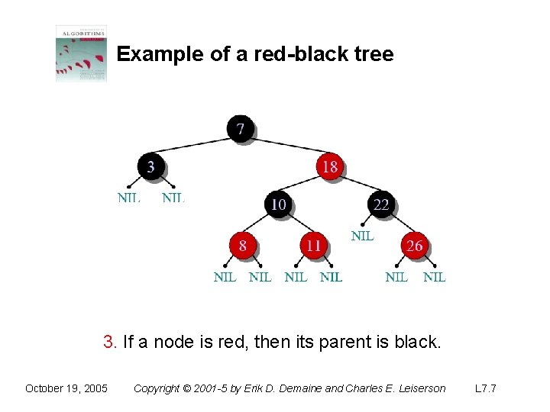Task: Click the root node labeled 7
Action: click(x=241, y=128)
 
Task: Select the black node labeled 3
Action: click(x=150, y=166)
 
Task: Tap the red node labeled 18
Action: click(x=329, y=166)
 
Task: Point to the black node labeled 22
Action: click(x=380, y=204)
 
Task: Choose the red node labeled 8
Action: click(x=242, y=245)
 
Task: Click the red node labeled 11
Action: click(x=313, y=245)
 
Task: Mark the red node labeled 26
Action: click(x=414, y=245)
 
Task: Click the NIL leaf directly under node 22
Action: click(x=362, y=236)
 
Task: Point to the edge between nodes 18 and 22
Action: click(x=355, y=185)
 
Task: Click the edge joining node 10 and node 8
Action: click(x=260, y=224)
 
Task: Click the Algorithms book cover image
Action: click(x=81, y=53)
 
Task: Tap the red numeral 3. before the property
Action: click(x=110, y=343)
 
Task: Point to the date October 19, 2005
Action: click(x=66, y=388)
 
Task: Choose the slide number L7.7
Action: click(x=485, y=388)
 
